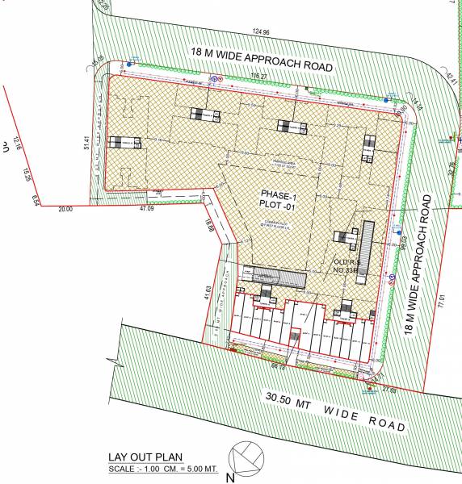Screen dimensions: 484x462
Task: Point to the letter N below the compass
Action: click(x=231, y=477)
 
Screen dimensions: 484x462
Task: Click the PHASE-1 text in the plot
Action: click(x=278, y=194)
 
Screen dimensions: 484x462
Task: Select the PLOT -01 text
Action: click(x=279, y=207)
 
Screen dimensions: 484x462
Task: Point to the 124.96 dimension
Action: click(x=261, y=32)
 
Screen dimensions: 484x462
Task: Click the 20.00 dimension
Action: click(x=65, y=208)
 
